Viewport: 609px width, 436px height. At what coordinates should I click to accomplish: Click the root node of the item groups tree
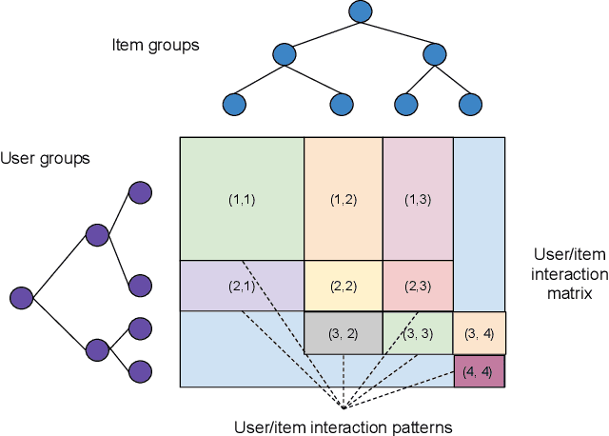pos(360,12)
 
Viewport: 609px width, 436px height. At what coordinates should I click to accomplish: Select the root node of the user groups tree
pos(21,298)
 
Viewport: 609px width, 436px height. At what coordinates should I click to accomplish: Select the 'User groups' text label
pos(46,158)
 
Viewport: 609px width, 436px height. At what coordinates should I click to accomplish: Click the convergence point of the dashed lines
pos(343,406)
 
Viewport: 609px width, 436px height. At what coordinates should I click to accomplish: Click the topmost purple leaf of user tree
pos(140,193)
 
